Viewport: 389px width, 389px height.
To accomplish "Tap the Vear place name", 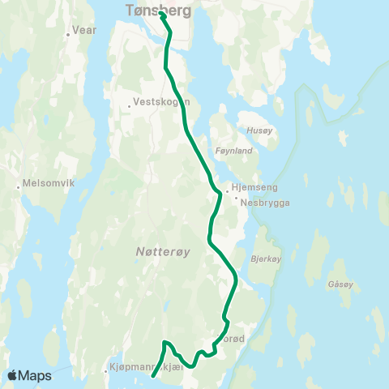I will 83,30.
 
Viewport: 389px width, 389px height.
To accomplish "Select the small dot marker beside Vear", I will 68,36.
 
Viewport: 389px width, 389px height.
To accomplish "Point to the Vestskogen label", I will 161,102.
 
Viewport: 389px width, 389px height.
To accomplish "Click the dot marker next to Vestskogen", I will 130,105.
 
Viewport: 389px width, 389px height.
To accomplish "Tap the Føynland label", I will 236,150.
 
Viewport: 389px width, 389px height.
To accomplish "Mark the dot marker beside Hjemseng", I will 227,186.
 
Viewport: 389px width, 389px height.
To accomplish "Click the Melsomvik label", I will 50,182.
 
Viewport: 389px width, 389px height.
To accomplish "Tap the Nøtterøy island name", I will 162,252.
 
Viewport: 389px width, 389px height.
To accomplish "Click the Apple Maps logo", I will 30,375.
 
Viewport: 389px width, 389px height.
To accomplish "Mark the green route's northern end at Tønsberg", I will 161,14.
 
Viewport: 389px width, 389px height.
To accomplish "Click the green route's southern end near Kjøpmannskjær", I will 152,376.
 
